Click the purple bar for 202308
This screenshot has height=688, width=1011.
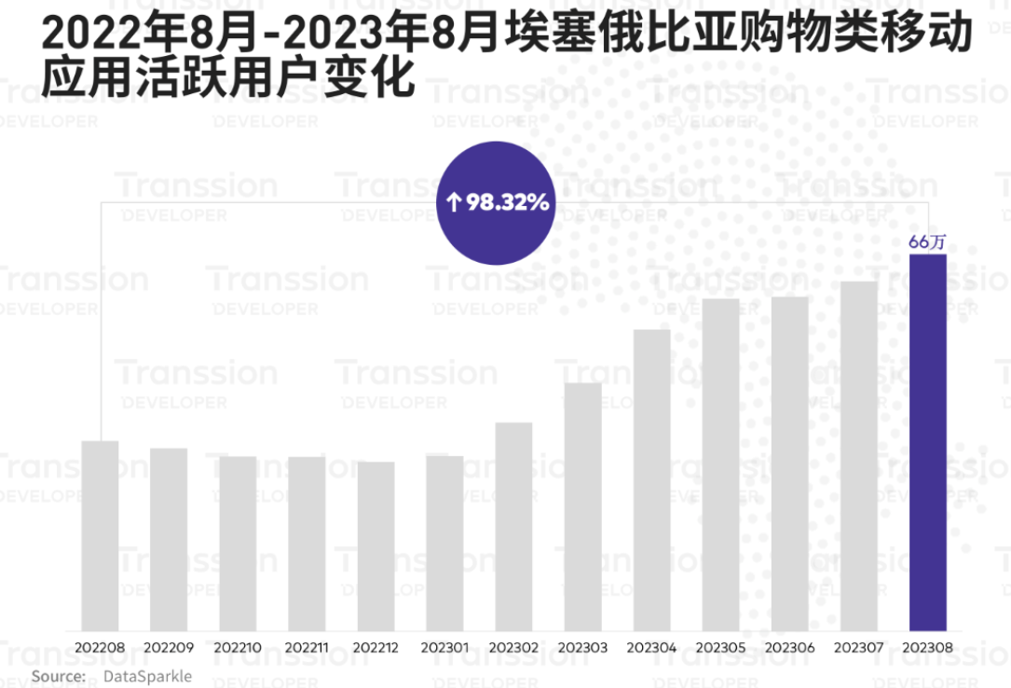927,443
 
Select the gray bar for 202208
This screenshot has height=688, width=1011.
100,535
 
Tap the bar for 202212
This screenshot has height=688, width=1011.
376,546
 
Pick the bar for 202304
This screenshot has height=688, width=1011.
651,480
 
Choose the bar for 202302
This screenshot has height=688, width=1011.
513,527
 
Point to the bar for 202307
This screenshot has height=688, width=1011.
858,456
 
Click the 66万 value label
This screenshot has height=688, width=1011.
927,242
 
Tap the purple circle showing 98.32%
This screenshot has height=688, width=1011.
497,201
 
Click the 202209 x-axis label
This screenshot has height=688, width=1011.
169,647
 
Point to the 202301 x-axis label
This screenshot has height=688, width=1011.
444,647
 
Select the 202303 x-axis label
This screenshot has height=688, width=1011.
582,647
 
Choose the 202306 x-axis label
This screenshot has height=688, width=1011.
789,647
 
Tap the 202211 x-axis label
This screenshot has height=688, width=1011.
307,647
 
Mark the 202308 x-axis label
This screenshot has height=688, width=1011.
927,647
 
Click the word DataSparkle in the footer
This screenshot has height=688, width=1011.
147,676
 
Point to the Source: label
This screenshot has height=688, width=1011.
58,676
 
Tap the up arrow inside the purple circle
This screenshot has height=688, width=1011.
453,202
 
